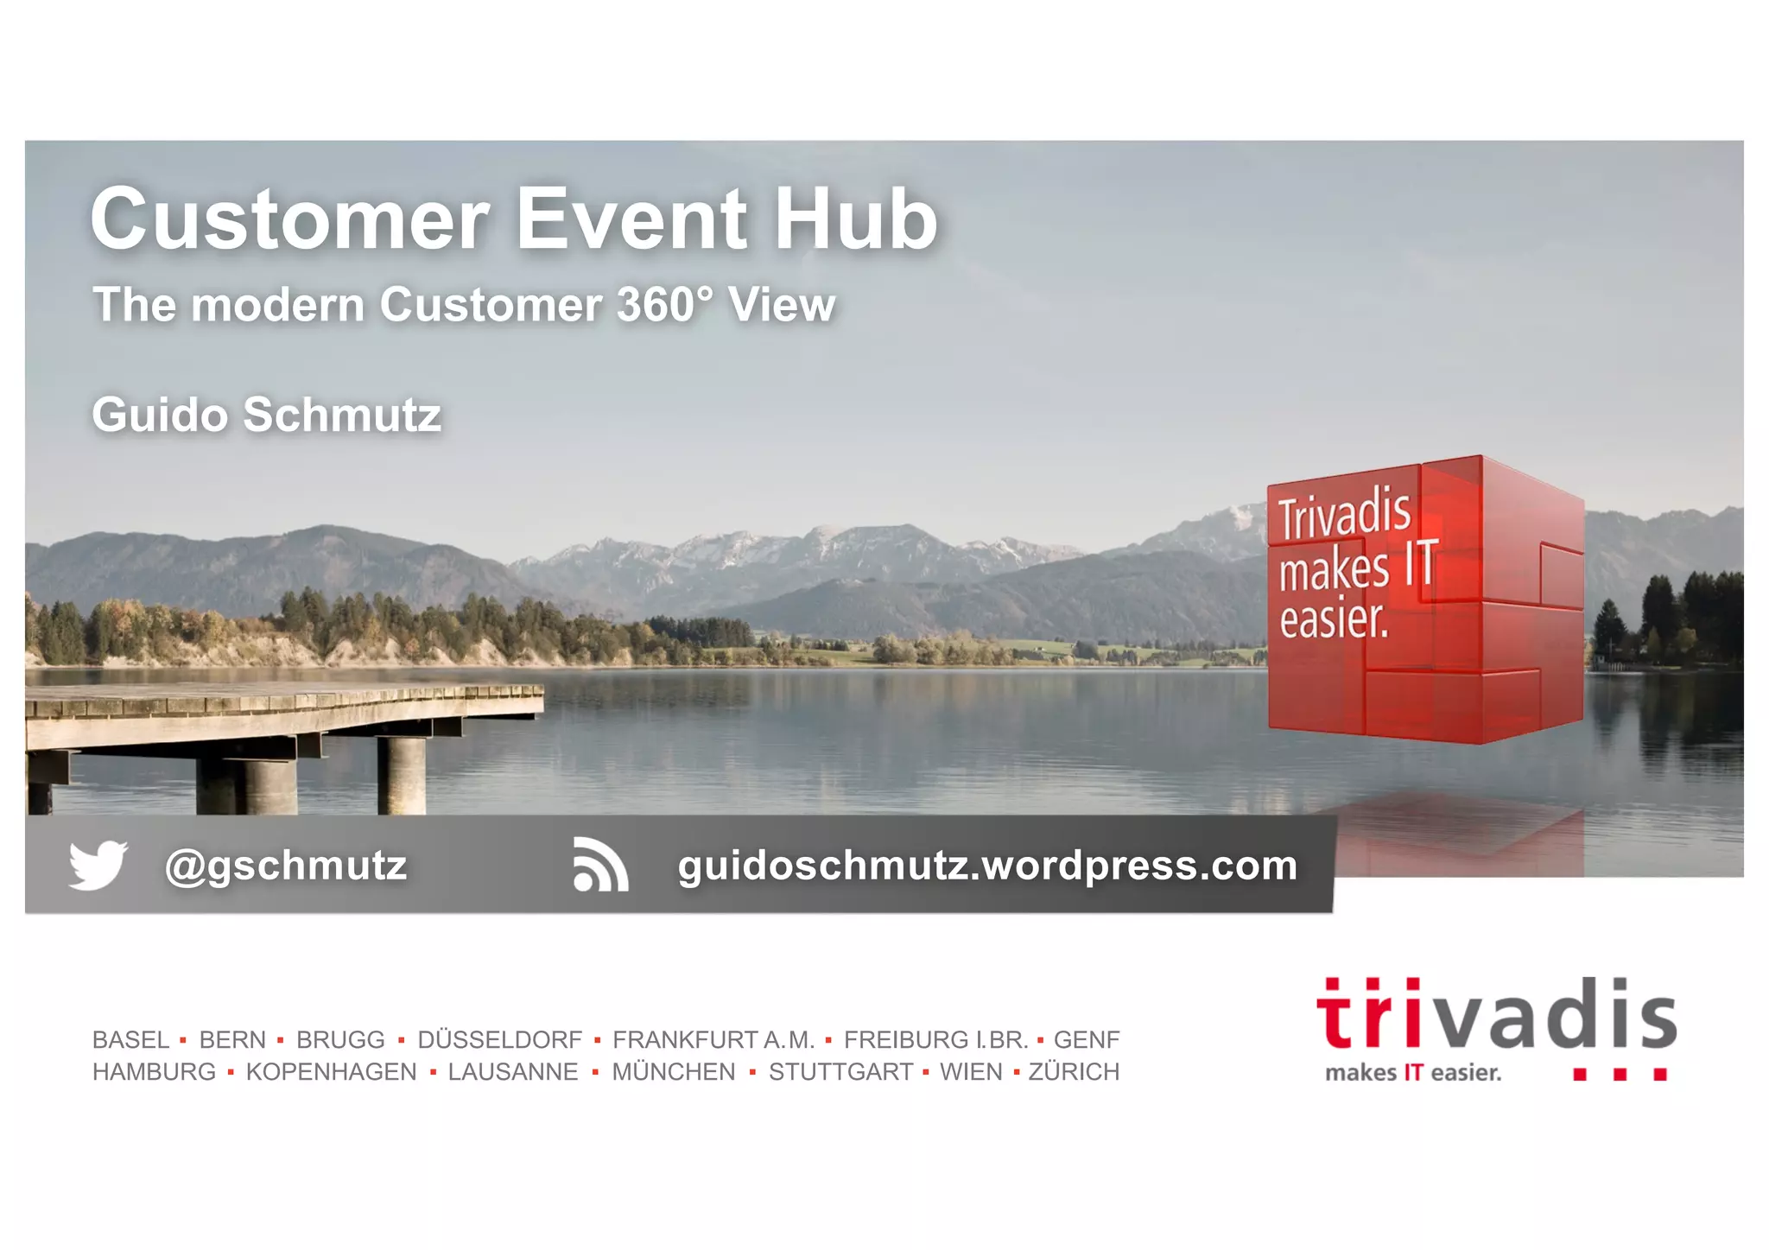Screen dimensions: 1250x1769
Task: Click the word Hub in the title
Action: pos(855,219)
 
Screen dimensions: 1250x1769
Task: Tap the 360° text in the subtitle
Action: pos(665,305)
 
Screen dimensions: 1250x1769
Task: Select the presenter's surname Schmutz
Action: pos(342,416)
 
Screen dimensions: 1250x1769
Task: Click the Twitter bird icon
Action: pos(98,865)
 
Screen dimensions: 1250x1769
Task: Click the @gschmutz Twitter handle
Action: pos(286,866)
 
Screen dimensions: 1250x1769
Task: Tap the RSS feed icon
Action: pos(600,865)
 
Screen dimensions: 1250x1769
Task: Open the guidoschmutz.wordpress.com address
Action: pos(987,866)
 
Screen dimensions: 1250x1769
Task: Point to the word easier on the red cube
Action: pos(1334,620)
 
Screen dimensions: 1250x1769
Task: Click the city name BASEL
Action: pos(131,1039)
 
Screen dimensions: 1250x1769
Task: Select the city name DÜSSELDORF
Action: pos(500,1039)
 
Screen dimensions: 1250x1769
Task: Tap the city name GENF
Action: pos(1087,1039)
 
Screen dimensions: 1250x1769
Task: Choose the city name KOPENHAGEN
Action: pos(331,1072)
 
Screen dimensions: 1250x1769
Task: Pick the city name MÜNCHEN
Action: pos(674,1072)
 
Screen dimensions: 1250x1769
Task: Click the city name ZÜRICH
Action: pos(1074,1072)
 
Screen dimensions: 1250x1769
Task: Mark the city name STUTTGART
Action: pos(840,1072)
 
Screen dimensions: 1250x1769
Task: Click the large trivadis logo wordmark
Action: pos(1496,1016)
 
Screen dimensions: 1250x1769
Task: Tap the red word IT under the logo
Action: pos(1413,1073)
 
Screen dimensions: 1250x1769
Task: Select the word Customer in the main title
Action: pos(290,219)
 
